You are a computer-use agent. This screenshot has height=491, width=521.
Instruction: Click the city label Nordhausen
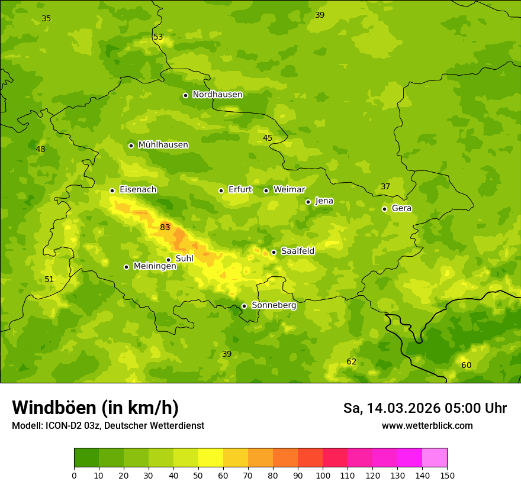[x=217, y=95]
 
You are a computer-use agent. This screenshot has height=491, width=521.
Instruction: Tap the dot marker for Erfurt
[x=221, y=190]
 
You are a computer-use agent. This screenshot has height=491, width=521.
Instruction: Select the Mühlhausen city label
[x=163, y=145]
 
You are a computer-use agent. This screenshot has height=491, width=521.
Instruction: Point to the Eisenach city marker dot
[x=112, y=190]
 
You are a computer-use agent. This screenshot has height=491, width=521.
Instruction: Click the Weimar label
[x=289, y=190]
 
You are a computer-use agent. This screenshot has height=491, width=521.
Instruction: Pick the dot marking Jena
[x=308, y=202]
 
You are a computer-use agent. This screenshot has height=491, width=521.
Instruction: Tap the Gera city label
[x=401, y=208]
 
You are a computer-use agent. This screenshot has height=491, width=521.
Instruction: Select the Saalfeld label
[x=297, y=251]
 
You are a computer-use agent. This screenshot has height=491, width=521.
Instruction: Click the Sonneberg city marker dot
[x=244, y=306]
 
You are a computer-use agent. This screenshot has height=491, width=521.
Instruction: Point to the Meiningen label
[x=155, y=266]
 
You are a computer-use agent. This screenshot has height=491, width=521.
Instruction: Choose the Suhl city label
[x=184, y=259]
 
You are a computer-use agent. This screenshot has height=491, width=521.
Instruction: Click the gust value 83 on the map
[x=165, y=227]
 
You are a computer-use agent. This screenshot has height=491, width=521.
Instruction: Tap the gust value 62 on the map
[x=352, y=361]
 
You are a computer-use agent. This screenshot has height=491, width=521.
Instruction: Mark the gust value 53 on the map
[x=158, y=37]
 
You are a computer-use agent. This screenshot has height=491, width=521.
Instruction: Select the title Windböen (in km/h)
[x=95, y=408]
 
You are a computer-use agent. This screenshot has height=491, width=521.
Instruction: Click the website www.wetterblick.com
[x=427, y=425]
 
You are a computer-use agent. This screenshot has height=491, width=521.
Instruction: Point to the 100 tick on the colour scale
[x=323, y=475]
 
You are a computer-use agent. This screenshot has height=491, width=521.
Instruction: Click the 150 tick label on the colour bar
[x=447, y=475]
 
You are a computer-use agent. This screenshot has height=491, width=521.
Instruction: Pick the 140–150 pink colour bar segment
[x=435, y=458]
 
